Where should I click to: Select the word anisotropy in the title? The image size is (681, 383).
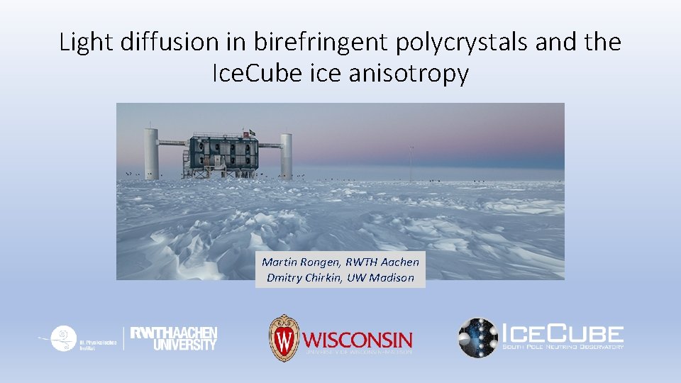tap(408, 73)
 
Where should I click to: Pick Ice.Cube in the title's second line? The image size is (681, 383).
tap(258, 73)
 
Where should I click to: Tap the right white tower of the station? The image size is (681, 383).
tap(286, 155)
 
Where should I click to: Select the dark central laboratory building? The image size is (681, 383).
tap(222, 153)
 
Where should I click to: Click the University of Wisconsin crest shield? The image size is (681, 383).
tap(283, 338)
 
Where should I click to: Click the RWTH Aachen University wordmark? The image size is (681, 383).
tap(174, 338)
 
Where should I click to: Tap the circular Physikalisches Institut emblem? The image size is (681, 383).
tap(65, 336)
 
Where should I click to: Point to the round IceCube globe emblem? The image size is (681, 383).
tap(478, 337)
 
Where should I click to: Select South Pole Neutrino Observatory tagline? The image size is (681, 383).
tap(563, 346)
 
